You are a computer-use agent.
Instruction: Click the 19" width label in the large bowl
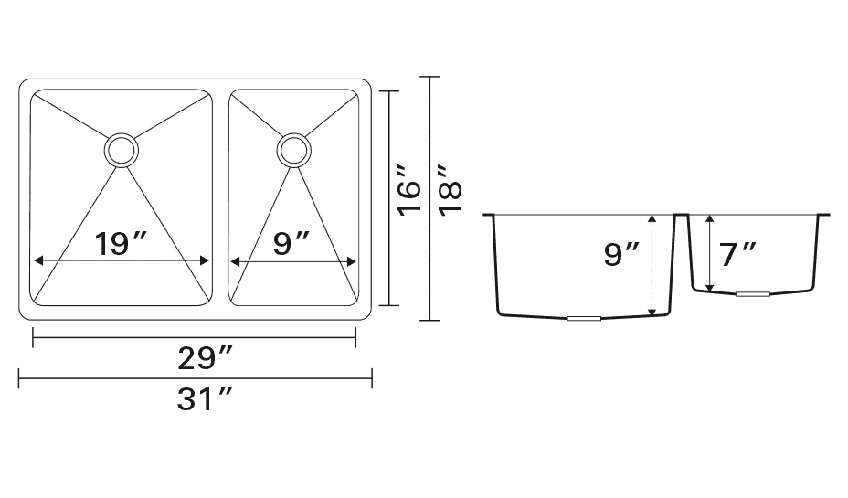coord(120,243)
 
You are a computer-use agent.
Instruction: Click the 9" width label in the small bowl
coord(291,243)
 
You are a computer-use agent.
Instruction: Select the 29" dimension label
coord(205,358)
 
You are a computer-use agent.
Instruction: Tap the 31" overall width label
coord(204,400)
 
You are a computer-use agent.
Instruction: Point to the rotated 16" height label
coord(410,190)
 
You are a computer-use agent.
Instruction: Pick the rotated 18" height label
coord(450,190)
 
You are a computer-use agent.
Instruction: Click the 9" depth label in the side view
coord(620,254)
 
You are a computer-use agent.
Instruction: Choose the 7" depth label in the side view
coord(737,255)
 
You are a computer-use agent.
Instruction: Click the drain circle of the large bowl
coord(122,150)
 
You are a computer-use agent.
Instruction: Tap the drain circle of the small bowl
coord(293,150)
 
